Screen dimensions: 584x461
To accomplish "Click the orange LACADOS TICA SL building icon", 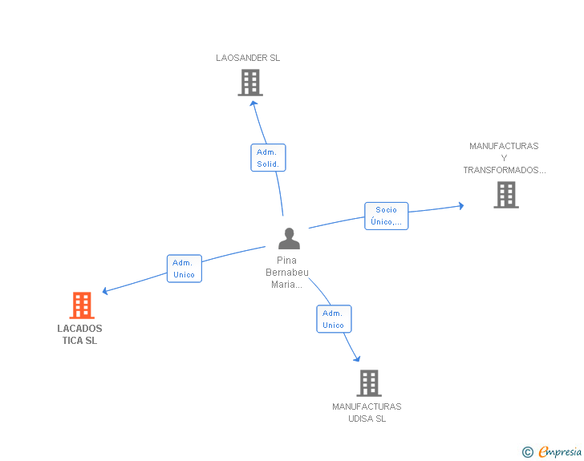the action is tap(82, 305).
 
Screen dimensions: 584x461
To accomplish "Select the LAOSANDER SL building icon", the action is tap(250, 83).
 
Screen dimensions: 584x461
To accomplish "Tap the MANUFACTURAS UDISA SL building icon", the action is tap(369, 383).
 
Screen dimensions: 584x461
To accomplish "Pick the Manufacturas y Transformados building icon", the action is tap(506, 195).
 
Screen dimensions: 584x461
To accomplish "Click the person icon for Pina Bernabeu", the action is tap(289, 239).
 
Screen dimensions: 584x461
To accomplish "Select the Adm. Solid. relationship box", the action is tap(268, 157).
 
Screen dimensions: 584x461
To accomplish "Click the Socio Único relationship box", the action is tap(386, 216).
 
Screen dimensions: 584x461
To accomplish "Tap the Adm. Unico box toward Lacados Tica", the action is tap(185, 269).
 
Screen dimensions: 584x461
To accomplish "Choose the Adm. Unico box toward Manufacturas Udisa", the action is tap(334, 319).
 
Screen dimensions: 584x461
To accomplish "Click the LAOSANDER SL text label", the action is tap(248, 58).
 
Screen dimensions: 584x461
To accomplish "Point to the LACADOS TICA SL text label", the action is tap(79, 334).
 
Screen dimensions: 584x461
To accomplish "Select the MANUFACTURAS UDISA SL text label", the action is tap(367, 413).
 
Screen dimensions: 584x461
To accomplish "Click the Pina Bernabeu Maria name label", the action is tap(287, 273).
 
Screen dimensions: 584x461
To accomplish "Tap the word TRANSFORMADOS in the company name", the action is tap(505, 170).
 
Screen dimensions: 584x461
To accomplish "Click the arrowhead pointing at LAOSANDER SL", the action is tap(253, 104).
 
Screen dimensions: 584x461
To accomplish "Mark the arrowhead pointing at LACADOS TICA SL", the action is tap(105, 291).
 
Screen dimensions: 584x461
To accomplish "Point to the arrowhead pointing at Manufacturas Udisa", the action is tap(357, 358).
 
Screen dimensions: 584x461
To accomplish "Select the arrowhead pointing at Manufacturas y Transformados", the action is tap(461, 205).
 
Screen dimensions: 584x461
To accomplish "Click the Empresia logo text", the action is tap(560, 451).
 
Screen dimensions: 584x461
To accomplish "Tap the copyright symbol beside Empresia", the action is tap(528, 452).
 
